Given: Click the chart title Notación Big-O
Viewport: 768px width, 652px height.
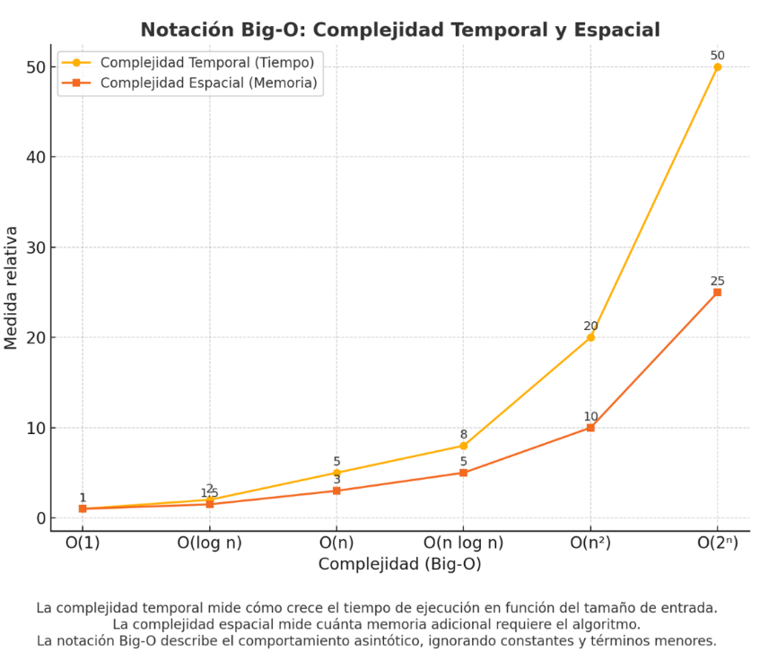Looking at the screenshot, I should pos(399,30).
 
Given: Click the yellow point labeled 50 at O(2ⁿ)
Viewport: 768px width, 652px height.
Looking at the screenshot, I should pos(717,67).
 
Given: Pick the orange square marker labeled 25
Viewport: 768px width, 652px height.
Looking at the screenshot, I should pos(717,292).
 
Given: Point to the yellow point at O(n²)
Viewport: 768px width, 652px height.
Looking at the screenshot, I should pos(590,337).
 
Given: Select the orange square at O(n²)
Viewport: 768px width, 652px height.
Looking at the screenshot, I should pos(590,428).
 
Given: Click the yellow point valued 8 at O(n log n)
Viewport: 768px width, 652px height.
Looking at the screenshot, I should pos(464,446).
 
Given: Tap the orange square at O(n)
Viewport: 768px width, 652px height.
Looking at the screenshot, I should pos(336,491).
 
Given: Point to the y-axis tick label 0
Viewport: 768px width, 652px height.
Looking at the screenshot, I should pos(39,518).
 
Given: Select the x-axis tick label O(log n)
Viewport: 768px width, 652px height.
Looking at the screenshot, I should pos(209,543).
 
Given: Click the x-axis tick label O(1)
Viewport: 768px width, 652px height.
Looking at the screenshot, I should pos(83,543).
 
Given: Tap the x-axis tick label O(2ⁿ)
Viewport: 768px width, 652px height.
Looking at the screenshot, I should pos(717,543).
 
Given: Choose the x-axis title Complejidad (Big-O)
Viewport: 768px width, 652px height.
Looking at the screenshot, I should pos(399,564).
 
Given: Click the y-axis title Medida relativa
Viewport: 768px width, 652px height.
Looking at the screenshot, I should pos(12,287).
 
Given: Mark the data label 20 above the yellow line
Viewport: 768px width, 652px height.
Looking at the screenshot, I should pos(590,326).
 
